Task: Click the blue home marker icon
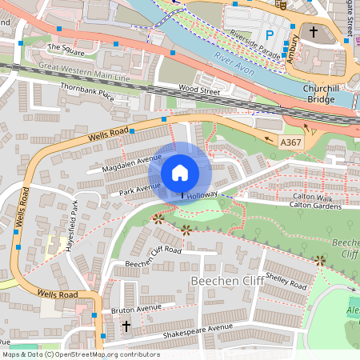(x=180, y=173)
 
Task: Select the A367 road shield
(x=292, y=141)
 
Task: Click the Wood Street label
(x=198, y=91)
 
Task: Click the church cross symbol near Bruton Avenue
(x=126, y=326)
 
